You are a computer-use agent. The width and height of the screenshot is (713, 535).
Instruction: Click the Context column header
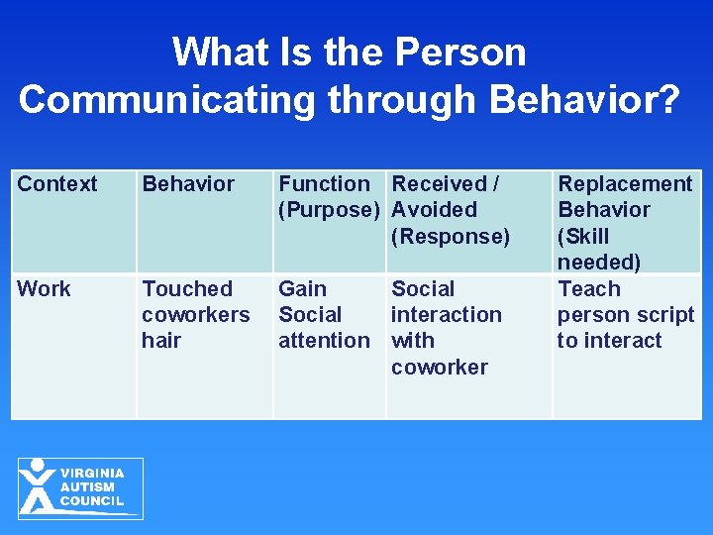tap(57, 184)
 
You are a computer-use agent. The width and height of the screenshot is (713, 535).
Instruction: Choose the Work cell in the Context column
tap(45, 289)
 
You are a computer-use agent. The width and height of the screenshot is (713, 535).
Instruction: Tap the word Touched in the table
tap(187, 289)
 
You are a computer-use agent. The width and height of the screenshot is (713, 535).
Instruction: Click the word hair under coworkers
tap(161, 341)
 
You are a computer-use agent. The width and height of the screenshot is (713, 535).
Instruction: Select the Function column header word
tap(324, 184)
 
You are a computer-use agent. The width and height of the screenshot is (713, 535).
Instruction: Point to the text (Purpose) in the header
tap(329, 210)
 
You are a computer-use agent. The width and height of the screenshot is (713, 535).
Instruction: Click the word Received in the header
tap(439, 184)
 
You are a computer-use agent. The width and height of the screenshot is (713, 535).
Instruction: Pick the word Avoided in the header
tap(434, 210)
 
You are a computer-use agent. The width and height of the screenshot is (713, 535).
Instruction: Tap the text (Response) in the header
tap(451, 236)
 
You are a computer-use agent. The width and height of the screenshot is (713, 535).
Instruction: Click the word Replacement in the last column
tap(625, 184)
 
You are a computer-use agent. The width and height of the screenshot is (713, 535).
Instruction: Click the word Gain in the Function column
tap(302, 289)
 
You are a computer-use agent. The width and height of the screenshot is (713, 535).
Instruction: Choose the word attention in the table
tap(324, 341)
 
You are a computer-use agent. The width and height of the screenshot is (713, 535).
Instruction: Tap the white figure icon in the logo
tap(38, 486)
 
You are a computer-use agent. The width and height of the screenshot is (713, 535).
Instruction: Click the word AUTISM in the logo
tap(87, 487)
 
